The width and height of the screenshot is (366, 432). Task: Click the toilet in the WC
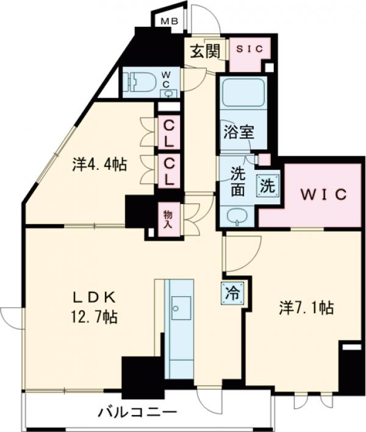(x=137, y=82)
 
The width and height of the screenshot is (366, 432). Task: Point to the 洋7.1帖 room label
(x=306, y=307)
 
